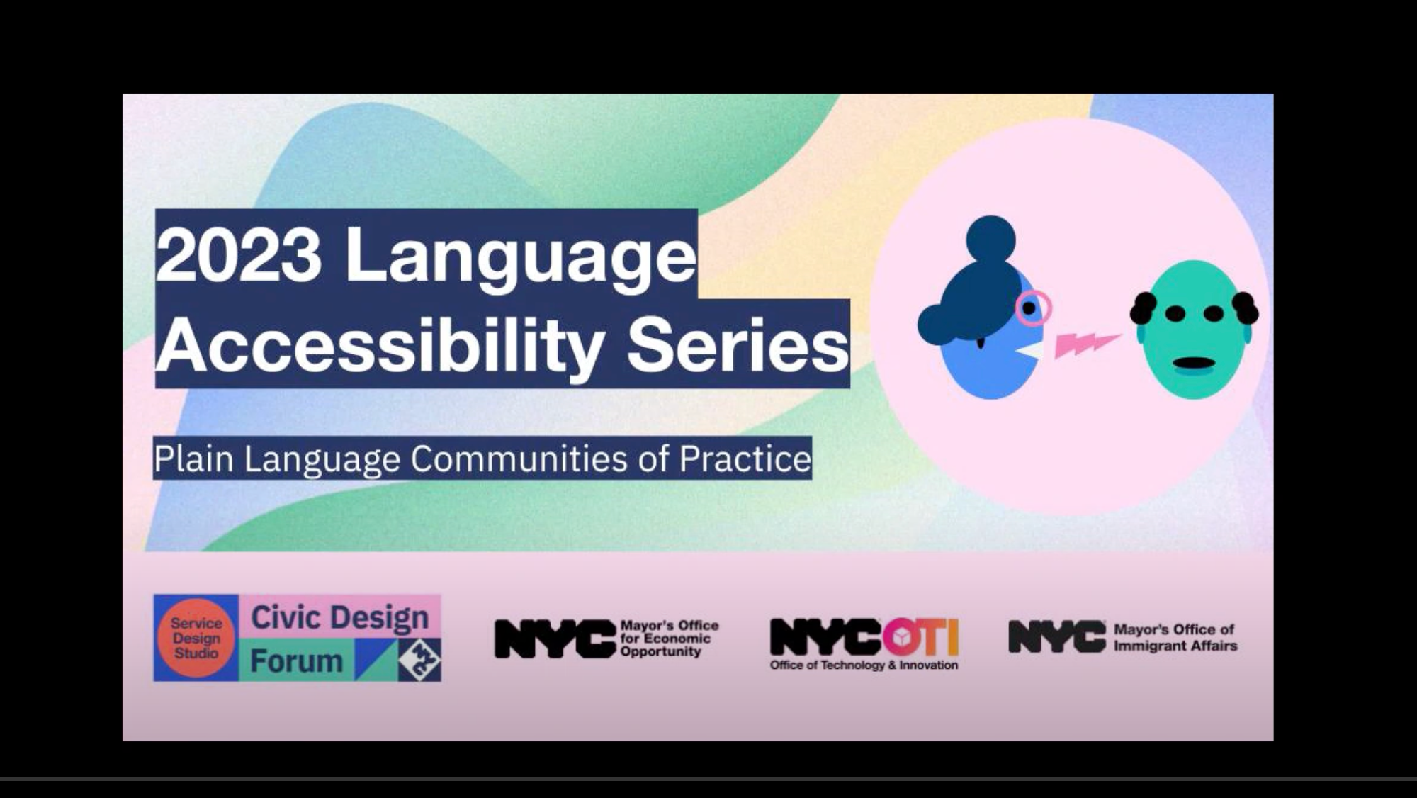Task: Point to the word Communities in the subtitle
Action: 519,459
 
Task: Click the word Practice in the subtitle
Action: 745,459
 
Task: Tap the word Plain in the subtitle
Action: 193,459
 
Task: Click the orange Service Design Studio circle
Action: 196,638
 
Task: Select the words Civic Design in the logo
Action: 339,617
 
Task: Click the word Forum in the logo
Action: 296,661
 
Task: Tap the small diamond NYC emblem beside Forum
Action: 419,660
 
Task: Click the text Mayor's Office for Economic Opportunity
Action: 669,639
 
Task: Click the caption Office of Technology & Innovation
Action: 864,665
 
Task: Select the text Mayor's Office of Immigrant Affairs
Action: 1175,637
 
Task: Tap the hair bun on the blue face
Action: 990,238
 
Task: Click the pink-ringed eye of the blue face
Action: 1031,308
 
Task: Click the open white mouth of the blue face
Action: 1033,351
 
